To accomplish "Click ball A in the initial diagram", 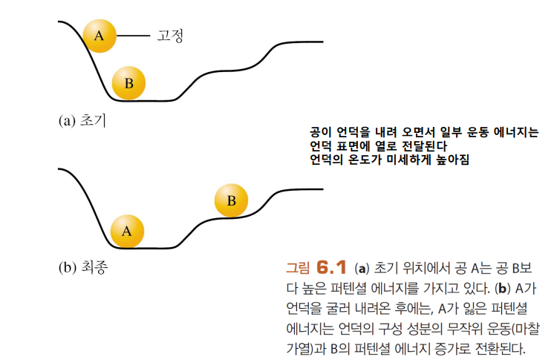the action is [x=100, y=35].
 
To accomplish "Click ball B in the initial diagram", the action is [x=128, y=82].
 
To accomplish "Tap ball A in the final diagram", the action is [x=127, y=230].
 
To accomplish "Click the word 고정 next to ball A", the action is [x=169, y=35].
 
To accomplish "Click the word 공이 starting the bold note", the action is [x=320, y=134].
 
